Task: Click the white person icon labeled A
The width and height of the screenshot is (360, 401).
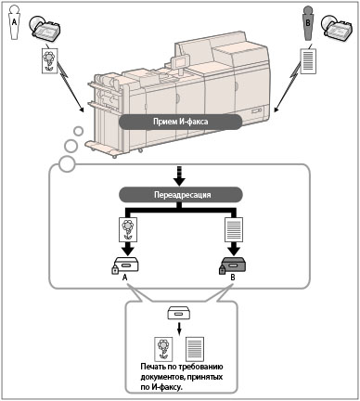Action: pos(14,23)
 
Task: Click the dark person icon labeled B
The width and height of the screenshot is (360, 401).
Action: pos(307,23)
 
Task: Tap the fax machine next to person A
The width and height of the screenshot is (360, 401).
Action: pos(45,29)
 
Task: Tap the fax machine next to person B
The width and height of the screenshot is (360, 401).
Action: pos(337,28)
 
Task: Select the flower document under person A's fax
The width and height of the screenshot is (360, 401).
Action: pos(49,60)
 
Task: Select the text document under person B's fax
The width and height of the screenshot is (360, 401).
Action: pos(308,60)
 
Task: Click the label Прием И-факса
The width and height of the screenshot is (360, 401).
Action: pos(180,122)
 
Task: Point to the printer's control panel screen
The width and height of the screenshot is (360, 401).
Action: pos(179,63)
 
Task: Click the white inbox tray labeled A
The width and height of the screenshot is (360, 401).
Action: pos(126,265)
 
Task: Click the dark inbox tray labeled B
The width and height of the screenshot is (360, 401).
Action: pos(234,265)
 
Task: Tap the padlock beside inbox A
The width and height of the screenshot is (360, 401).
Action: pos(115,269)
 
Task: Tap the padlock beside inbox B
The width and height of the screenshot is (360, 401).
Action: pos(222,269)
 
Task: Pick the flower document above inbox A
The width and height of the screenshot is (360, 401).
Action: pos(128,229)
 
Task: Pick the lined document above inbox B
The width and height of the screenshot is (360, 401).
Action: pos(234,229)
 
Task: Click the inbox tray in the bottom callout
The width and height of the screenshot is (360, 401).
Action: pos(178,313)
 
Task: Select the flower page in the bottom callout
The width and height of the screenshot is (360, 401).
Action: pos(163,349)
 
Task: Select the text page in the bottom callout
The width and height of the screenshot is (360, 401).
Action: pos(195,349)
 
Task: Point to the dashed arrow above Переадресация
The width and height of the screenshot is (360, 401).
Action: pos(180,175)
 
